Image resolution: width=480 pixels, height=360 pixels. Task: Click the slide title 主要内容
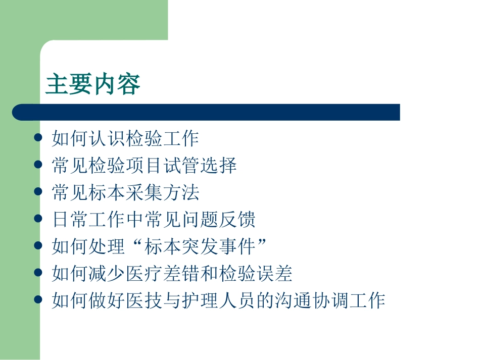click(x=93, y=84)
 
